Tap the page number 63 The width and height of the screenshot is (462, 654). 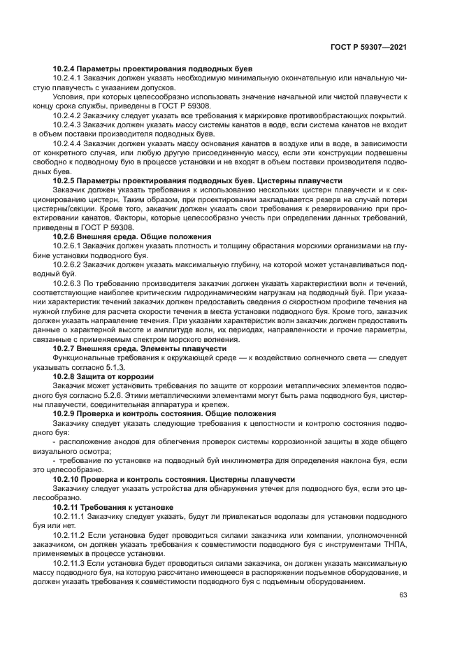[x=403, y=595]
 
